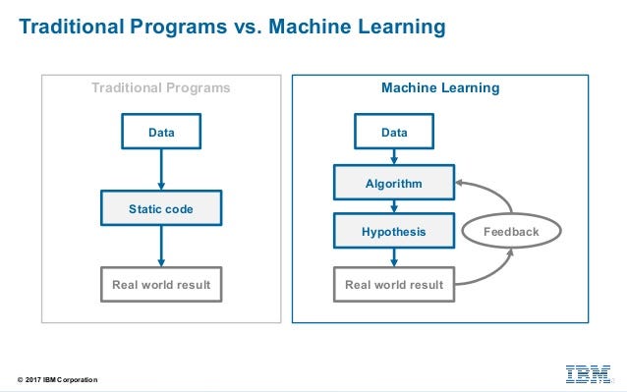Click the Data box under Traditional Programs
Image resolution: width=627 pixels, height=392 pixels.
160,131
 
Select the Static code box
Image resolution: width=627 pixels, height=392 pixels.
160,208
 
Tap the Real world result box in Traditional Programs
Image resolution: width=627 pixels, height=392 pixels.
160,285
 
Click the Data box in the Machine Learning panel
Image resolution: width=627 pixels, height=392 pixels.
393,131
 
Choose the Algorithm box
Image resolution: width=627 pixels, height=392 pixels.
393,183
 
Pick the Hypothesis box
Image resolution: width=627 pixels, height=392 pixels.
393,232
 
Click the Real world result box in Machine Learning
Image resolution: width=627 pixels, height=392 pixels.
393,285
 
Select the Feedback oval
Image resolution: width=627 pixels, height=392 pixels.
511,232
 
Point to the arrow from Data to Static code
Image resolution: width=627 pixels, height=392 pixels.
160,169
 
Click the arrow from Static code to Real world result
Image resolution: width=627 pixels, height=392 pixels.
160,247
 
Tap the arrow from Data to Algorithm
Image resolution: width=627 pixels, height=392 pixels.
393,156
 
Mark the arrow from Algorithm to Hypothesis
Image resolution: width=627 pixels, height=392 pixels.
393,207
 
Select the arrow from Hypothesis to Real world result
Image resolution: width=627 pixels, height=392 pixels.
393,257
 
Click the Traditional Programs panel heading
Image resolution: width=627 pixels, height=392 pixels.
160,88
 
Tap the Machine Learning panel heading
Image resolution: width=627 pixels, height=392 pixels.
439,88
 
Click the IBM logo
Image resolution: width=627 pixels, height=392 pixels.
587,373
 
